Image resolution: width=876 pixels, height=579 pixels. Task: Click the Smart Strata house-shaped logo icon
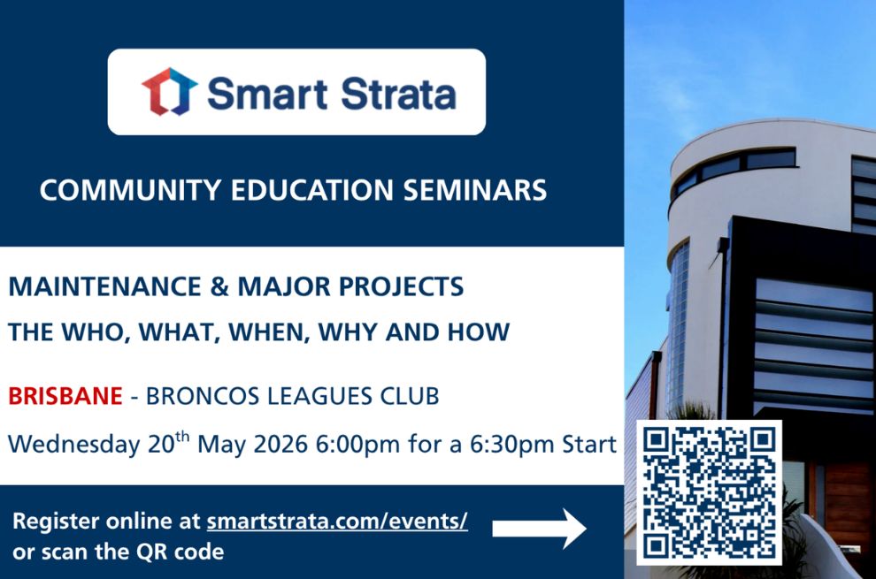click(x=170, y=92)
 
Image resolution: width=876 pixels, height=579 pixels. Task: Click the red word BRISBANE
click(x=65, y=396)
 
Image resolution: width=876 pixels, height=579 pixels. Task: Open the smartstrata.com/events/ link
click(x=337, y=522)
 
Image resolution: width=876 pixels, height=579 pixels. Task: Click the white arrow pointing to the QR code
click(x=539, y=529)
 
